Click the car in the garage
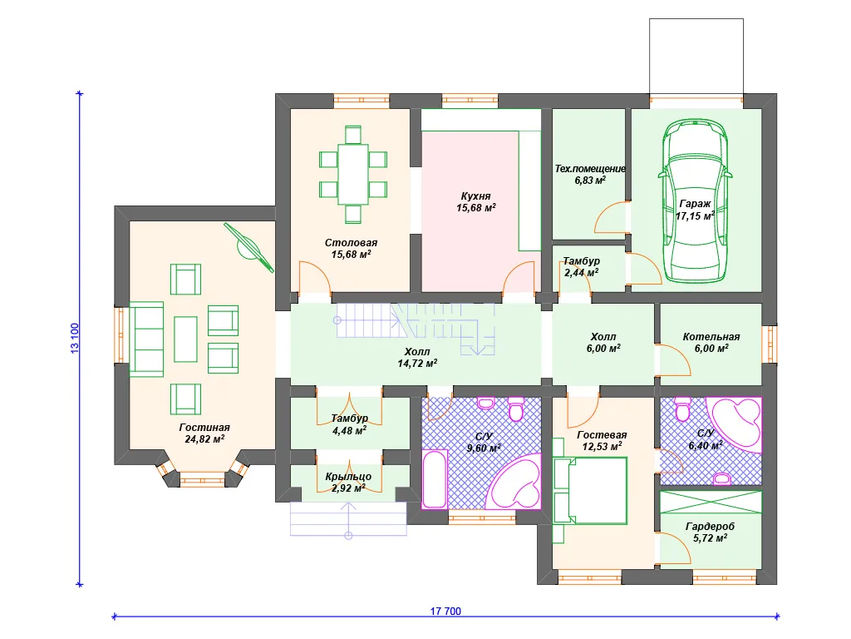[696, 201]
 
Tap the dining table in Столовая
[353, 175]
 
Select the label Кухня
[475, 196]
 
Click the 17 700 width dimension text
[445, 612]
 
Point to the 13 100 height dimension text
[75, 339]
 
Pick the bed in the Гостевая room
[591, 491]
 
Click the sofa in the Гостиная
[146, 339]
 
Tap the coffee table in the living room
[185, 339]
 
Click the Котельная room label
[711, 337]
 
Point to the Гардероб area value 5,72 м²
[710, 538]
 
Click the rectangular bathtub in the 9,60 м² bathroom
[435, 478]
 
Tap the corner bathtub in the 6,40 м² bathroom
[736, 424]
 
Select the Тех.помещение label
[590, 168]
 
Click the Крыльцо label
[348, 477]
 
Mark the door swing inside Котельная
[674, 359]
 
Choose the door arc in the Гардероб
[674, 547]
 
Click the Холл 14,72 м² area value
[417, 364]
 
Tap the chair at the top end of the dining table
[353, 135]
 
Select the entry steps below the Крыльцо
[348, 519]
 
